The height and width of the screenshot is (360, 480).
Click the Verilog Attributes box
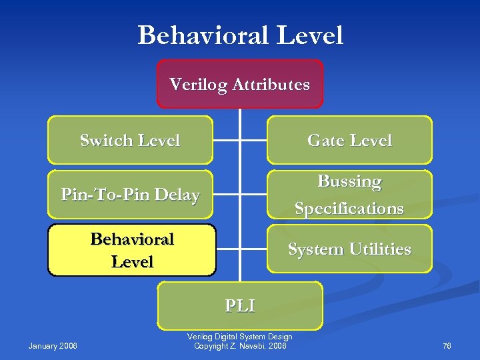click(239, 84)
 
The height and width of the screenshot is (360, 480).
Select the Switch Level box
click(130, 140)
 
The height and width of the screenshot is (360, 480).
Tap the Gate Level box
click(349, 140)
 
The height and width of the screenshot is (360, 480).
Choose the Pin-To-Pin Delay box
click(130, 195)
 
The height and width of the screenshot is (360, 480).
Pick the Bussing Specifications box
click(349, 195)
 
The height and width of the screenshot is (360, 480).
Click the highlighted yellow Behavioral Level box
click(132, 250)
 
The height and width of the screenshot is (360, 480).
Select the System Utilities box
click(349, 249)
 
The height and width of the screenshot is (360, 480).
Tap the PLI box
click(239, 305)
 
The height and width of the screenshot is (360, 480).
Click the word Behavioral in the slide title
click(203, 35)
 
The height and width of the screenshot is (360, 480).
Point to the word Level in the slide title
click(310, 35)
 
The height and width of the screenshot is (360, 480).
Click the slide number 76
click(447, 345)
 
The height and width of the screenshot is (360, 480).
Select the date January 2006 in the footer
click(53, 345)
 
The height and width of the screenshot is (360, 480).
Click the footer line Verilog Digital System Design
click(239, 337)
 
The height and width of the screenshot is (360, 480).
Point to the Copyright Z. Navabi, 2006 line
click(239, 345)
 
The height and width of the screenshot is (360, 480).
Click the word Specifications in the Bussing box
click(349, 209)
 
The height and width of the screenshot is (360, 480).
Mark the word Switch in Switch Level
click(106, 140)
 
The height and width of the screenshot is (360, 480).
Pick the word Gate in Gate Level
click(324, 140)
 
